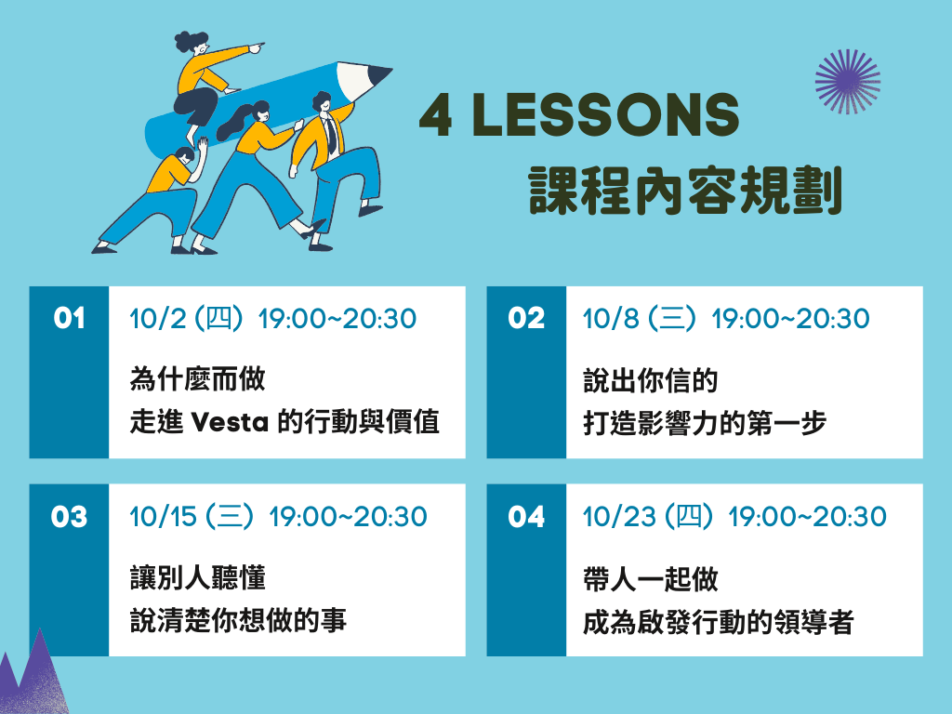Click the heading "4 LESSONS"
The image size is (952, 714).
(578, 114)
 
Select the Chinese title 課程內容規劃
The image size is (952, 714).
(685, 190)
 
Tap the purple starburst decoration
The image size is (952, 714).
(848, 82)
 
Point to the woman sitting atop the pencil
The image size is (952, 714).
(206, 85)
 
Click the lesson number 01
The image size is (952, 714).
(69, 318)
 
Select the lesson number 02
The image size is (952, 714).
(526, 318)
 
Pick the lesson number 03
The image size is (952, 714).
(69, 517)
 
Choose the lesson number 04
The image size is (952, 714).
(526, 517)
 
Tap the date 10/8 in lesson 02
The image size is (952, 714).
(611, 319)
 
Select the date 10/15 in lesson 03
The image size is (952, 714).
(164, 517)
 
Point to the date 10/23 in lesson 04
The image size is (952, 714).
(619, 517)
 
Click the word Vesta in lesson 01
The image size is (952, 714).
(230, 422)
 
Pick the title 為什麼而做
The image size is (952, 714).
(197, 379)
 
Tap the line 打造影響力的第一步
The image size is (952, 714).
(705, 423)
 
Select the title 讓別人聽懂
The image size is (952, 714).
(197, 577)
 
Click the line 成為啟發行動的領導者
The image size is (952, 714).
(719, 622)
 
